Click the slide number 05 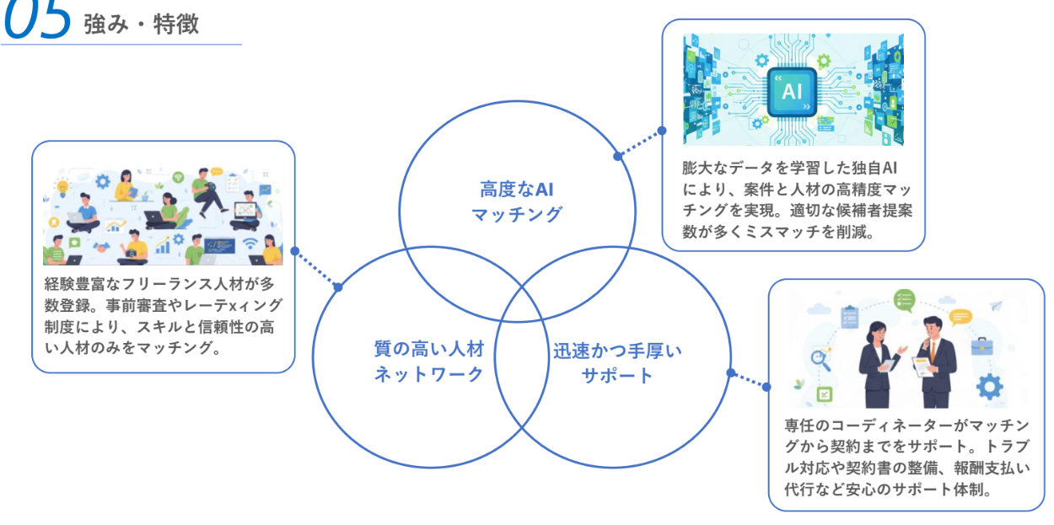[37, 20]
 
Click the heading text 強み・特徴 [141, 24]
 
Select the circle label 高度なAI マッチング [516, 201]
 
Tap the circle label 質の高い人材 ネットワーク [429, 361]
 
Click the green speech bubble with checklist [904, 299]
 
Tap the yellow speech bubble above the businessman [960, 317]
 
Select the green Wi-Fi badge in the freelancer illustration [178, 177]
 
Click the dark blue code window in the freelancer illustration [218, 245]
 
